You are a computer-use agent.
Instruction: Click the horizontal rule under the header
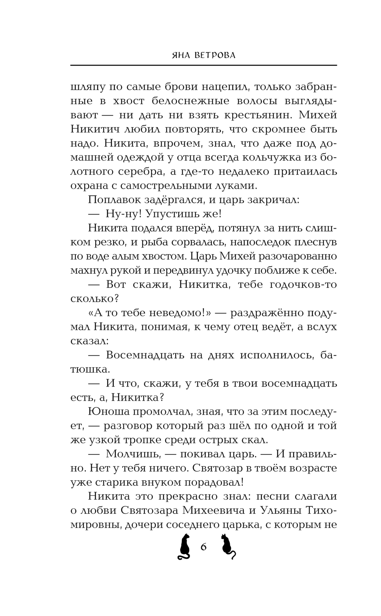click(x=203, y=65)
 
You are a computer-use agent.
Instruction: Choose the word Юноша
click(x=105, y=411)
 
